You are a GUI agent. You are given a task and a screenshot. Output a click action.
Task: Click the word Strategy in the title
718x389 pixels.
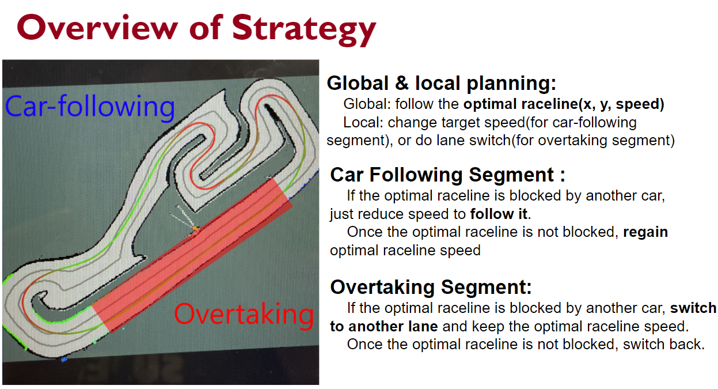pyautogui.click(x=304, y=30)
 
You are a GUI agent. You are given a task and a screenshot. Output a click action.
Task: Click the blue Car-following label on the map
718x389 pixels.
pyautogui.click(x=90, y=107)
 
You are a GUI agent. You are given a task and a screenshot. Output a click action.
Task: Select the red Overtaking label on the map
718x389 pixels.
pyautogui.click(x=244, y=315)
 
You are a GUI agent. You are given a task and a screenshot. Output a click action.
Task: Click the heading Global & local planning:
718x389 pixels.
pyautogui.click(x=442, y=83)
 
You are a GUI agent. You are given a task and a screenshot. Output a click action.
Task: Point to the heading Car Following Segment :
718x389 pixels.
pyautogui.click(x=448, y=175)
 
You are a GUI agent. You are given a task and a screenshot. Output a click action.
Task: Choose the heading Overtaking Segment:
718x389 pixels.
pyautogui.click(x=431, y=287)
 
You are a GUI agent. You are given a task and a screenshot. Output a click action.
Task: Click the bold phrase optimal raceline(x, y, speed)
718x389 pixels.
pyautogui.click(x=564, y=104)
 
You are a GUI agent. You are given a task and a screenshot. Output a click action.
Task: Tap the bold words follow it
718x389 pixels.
pyautogui.click(x=499, y=214)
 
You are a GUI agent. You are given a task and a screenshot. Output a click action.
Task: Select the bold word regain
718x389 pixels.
pyautogui.click(x=645, y=232)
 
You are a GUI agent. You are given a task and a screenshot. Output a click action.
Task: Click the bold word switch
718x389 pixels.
pyautogui.click(x=693, y=308)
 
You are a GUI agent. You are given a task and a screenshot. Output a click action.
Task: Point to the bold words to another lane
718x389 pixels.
pyautogui.click(x=384, y=326)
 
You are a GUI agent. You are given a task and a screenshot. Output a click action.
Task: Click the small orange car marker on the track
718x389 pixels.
pyautogui.click(x=195, y=228)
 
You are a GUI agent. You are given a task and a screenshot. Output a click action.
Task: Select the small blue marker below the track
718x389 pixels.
pyautogui.click(x=64, y=360)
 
